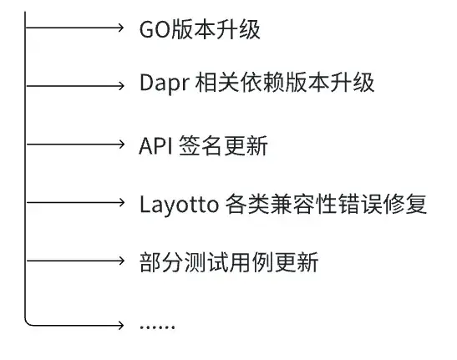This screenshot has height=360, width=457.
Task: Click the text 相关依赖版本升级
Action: (x=283, y=84)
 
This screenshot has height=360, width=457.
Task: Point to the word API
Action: (x=155, y=146)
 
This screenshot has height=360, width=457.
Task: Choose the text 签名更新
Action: (x=223, y=146)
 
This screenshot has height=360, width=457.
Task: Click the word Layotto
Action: (x=179, y=204)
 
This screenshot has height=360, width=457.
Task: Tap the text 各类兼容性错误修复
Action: (x=327, y=204)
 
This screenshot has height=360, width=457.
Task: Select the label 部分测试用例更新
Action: (x=228, y=262)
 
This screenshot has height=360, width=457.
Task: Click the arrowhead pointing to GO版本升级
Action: (x=119, y=28)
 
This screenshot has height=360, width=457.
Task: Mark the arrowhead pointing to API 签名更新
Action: (x=119, y=143)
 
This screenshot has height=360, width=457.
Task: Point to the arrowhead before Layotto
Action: (x=119, y=201)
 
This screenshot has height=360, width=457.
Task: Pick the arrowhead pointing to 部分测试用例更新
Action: (x=119, y=260)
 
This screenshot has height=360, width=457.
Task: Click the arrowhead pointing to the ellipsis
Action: (x=119, y=322)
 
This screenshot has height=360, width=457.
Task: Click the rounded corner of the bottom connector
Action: (x=29, y=319)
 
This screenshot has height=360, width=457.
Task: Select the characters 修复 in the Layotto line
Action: (x=408, y=204)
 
